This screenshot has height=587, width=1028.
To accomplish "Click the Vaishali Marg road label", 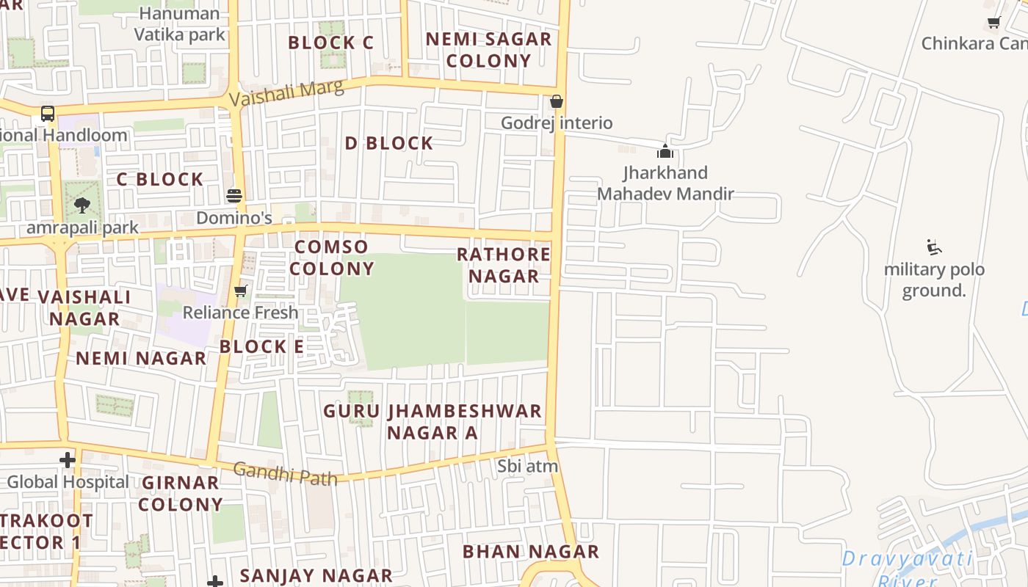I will pos(286,93).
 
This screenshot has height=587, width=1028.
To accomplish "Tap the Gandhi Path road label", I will pos(286,473).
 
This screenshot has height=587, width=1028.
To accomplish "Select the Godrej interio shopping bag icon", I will pos(557,101).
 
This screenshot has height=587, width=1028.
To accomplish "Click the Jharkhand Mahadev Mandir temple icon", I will pos(665,151).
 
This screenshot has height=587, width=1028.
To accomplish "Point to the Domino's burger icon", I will pos(234,196).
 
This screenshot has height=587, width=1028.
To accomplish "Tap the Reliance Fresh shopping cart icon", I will pos(240,291).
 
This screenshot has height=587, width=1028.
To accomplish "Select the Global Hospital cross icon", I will pos(68,460).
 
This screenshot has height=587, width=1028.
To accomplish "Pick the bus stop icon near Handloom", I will pos(48,114).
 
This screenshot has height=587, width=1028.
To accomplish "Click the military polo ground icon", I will pos(934,247).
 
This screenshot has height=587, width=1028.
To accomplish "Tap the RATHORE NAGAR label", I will pos(504,265).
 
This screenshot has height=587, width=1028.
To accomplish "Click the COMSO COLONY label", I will pos(331,258).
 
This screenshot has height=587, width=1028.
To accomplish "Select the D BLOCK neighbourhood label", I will pos(389,143).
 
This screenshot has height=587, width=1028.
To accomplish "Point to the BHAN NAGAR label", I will pos(531,552).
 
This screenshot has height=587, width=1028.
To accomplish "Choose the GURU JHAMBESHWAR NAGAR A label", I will pos(432,422).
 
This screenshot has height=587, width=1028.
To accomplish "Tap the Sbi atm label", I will pos(528,466).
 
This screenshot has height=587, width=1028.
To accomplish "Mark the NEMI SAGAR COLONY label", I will pos(488,50).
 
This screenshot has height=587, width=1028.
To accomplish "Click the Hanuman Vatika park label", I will pos(179,23).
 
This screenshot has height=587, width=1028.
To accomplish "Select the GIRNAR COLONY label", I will pos(181,493).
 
